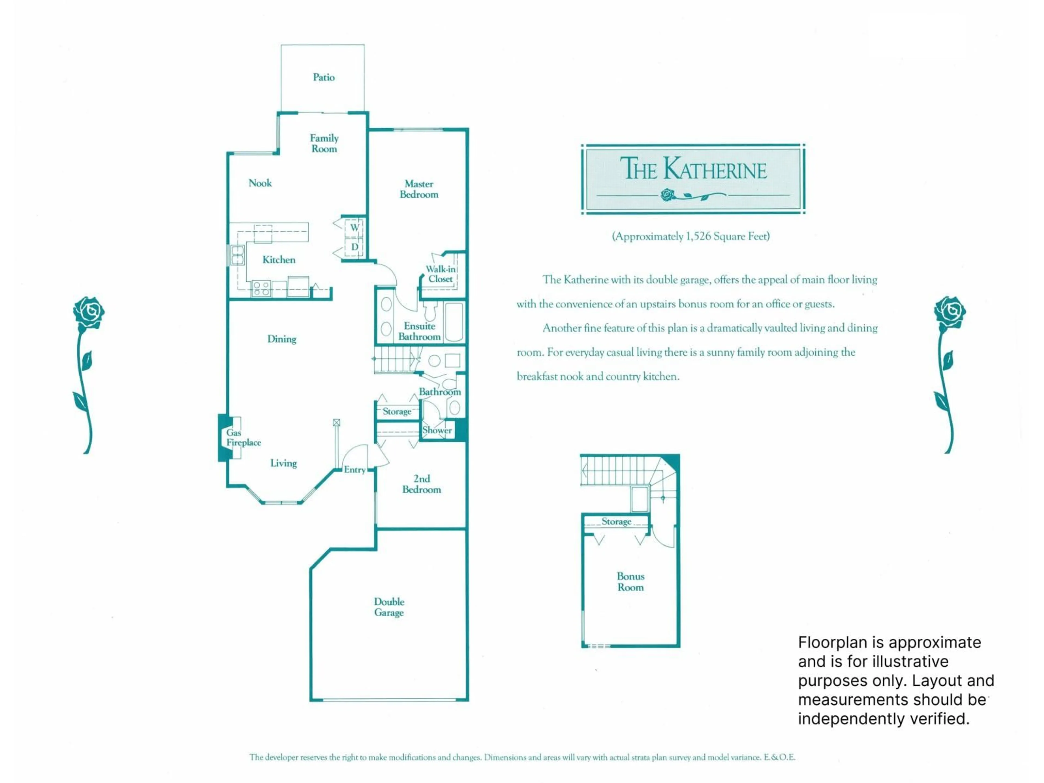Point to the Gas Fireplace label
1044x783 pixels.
pos(243,437)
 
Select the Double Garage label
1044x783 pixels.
pos(389,607)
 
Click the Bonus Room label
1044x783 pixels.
pos(630,582)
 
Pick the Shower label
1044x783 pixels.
pos(437,430)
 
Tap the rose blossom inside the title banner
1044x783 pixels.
pos(667,194)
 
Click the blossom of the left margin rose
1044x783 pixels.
pos(89,312)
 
